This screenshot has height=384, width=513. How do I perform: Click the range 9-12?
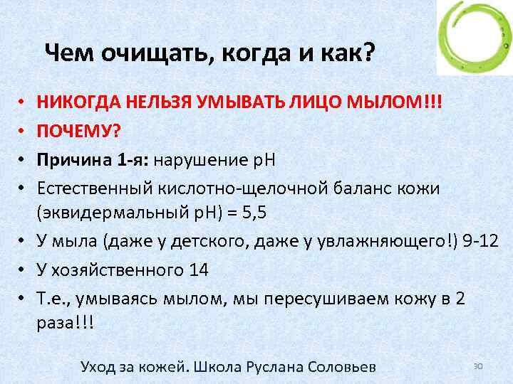pos(479,242)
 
